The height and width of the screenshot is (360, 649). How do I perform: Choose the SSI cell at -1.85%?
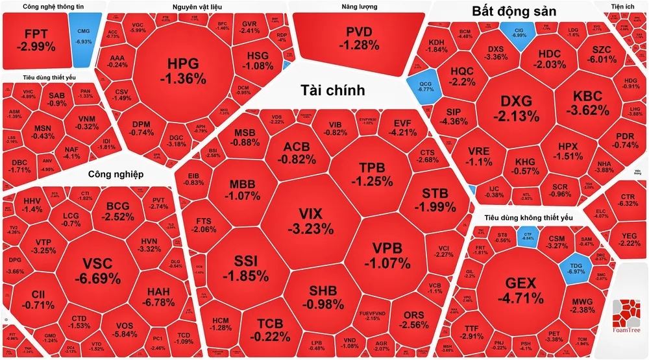(246, 267)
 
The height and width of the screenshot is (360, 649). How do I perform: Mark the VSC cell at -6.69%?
(101, 270)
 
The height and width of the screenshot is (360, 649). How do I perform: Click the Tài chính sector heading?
(332, 90)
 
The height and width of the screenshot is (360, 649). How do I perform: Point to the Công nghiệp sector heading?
(115, 174)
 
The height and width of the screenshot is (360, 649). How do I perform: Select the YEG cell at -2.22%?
(629, 239)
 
